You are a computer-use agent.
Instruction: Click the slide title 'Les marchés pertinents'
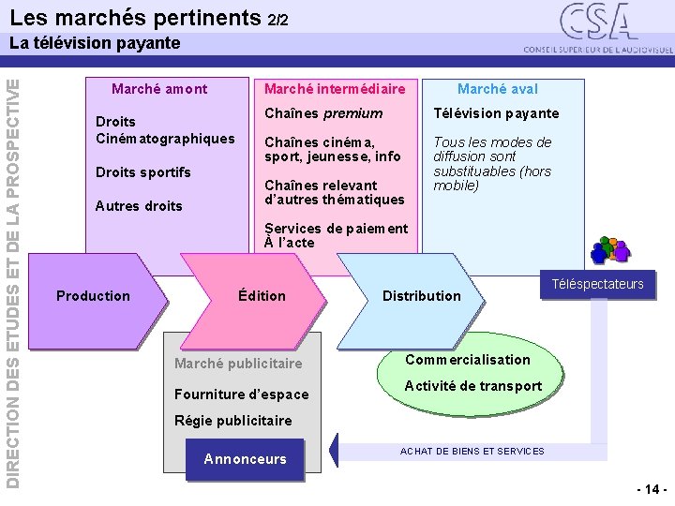pos(137,17)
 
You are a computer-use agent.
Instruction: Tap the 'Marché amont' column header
pos(159,89)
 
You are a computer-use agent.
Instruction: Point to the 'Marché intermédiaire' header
pos(335,89)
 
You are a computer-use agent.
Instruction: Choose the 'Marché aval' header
pos(498,89)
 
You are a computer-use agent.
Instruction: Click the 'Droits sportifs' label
pos(143,172)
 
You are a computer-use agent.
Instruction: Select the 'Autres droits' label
pos(139,206)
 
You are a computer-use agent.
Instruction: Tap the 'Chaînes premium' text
pos(323,113)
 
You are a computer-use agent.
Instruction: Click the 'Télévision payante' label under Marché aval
pos(495,113)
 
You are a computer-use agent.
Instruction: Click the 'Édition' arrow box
pos(262,296)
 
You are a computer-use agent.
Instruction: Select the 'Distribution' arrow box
pos(422,296)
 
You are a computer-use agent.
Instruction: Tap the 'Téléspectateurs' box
pos(598,285)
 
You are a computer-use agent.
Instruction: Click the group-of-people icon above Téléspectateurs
pos(609,250)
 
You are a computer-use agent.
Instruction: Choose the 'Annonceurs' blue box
pos(245,459)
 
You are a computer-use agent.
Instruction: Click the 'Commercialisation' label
pos(467,360)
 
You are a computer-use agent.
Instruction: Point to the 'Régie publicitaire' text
pos(233,421)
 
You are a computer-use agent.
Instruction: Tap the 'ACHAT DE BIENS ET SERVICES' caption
pos(472,452)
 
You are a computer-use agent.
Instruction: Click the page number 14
pos(652,489)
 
